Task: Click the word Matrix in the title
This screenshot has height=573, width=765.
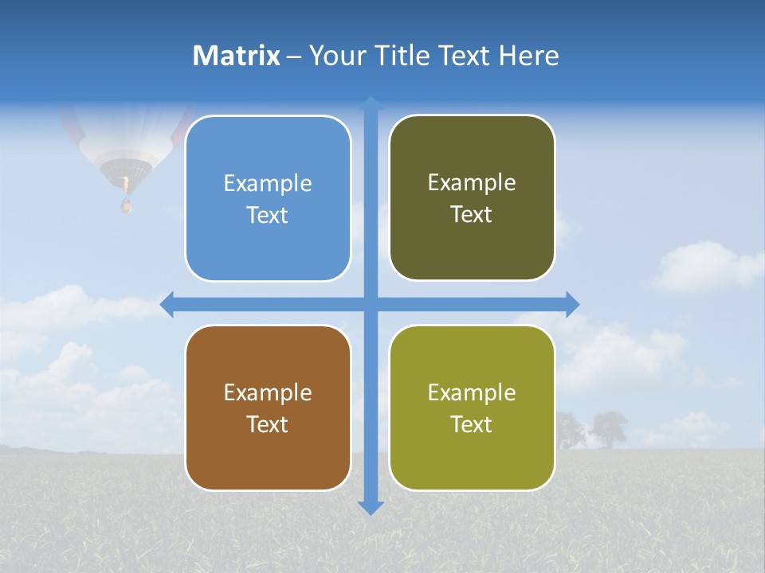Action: [x=236, y=56]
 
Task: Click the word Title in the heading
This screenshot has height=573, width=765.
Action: [x=403, y=56]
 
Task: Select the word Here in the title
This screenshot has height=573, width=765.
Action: [x=528, y=56]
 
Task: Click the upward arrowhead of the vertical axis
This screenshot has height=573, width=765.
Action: [x=371, y=103]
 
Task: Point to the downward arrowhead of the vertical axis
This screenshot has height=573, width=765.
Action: [x=371, y=507]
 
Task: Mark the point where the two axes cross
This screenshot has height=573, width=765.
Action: [x=371, y=304]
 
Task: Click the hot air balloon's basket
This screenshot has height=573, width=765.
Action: [x=125, y=205]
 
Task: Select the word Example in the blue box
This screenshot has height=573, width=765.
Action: [x=268, y=183]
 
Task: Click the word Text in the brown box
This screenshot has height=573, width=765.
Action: [x=268, y=424]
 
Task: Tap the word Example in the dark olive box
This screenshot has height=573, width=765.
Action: [x=472, y=182]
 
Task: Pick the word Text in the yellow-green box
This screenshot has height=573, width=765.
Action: [x=472, y=424]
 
